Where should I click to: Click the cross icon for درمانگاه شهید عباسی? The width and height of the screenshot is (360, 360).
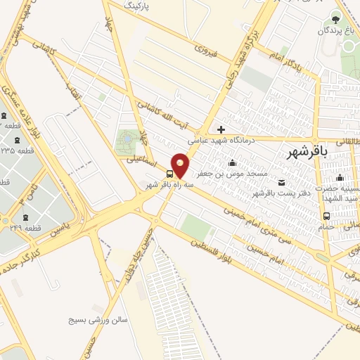tap(221, 129)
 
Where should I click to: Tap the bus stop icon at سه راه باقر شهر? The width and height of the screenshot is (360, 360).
tap(170, 173)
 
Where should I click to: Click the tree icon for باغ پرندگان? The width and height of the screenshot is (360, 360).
tap(335, 18)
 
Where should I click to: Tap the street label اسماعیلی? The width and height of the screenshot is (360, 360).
tap(142, 159)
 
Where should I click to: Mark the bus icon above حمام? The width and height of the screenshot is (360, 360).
tap(326, 217)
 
